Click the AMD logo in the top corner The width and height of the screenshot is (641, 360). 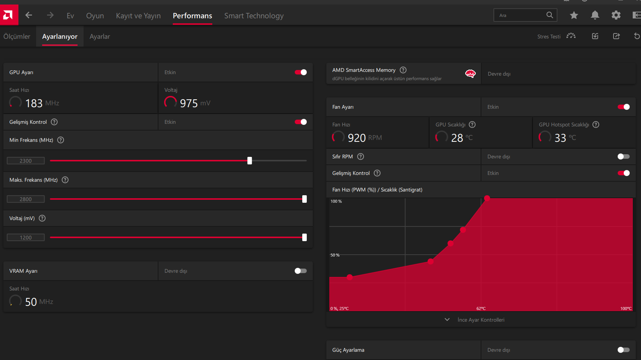[x=9, y=15]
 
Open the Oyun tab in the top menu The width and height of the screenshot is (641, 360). [x=95, y=16]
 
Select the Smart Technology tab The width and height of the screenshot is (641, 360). [x=254, y=16]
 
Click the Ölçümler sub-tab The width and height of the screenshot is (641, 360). [x=17, y=36]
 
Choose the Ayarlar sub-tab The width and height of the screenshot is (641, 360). [x=100, y=36]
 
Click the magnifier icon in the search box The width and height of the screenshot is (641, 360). [x=550, y=15]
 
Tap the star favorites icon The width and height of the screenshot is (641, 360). [x=574, y=15]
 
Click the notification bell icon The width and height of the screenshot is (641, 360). [x=595, y=15]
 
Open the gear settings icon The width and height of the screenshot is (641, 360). [x=616, y=15]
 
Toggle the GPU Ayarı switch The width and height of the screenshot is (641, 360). [x=300, y=72]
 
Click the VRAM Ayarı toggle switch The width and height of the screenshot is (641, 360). [x=300, y=271]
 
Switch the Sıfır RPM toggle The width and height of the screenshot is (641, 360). [x=623, y=157]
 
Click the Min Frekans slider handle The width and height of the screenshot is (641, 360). [x=250, y=161]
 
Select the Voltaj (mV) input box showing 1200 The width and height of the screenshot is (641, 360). [x=26, y=238]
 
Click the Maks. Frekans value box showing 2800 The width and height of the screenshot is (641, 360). [x=26, y=199]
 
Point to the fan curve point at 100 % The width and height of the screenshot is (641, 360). [x=487, y=198]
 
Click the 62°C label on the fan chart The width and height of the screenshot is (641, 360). [x=481, y=308]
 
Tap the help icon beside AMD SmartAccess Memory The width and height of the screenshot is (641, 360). [x=403, y=70]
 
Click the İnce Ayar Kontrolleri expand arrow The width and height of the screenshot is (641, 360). [x=447, y=320]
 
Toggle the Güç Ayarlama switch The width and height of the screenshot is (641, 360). [x=623, y=350]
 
